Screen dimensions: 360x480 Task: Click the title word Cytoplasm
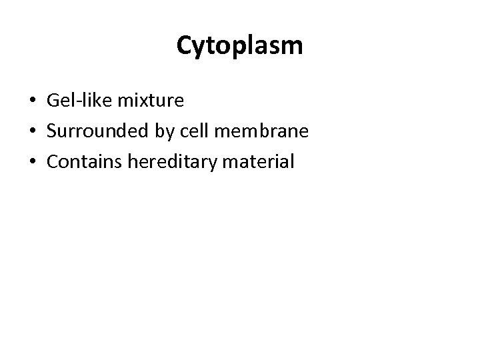click(240, 45)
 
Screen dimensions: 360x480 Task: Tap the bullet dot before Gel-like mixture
click(31, 102)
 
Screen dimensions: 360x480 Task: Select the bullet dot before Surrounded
click(31, 132)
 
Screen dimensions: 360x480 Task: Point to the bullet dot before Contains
click(31, 162)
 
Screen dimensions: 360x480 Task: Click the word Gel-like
click(79, 101)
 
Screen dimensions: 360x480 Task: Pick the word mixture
click(151, 101)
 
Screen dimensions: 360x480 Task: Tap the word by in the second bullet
click(164, 132)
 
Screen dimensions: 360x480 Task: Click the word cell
click(194, 131)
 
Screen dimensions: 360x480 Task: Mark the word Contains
click(81, 161)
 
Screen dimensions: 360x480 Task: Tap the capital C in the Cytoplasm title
click(185, 45)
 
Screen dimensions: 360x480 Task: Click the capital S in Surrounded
click(52, 131)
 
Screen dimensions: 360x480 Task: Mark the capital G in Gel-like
click(53, 101)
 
